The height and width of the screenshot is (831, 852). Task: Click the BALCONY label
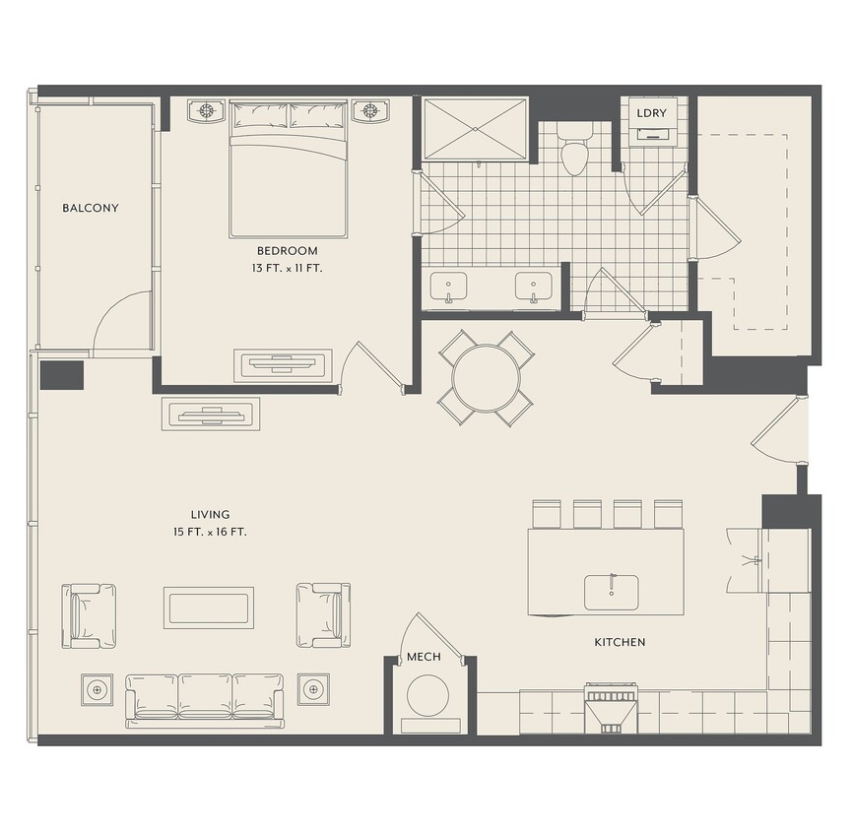pos(91,208)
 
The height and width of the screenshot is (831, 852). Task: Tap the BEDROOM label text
pos(288,251)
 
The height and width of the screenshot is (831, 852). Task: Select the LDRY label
pos(651,113)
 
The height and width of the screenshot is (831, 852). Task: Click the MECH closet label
pos(424,657)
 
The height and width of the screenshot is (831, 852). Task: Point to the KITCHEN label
pos(620,643)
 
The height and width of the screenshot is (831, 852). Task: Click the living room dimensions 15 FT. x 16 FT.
pos(210,533)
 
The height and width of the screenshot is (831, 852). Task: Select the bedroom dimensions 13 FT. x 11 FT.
pos(288,269)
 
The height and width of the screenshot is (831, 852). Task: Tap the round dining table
pos(487,378)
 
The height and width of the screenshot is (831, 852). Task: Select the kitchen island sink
pos(612,593)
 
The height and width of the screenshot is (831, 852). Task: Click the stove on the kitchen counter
pos(612,708)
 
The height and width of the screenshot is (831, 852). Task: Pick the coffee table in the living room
pos(209,607)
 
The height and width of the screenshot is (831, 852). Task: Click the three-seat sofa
pos(206,701)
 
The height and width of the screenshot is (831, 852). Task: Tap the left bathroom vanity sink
pos(449,288)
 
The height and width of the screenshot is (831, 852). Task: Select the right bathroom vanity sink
pos(534,288)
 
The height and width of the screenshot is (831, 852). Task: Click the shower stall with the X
pos(476,130)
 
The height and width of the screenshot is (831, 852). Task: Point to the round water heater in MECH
pos(428,696)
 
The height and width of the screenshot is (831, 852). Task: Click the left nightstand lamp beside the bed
pos(206,111)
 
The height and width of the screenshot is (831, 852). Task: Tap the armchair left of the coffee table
pos(89,616)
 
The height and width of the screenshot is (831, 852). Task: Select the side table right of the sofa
pos(313,690)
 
